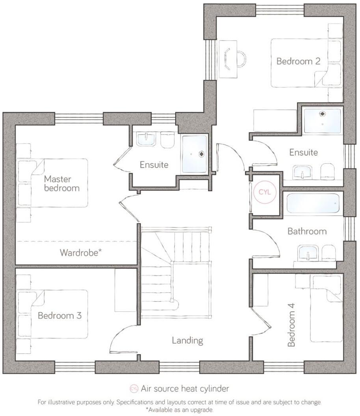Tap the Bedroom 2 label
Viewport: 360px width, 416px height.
pos(298,61)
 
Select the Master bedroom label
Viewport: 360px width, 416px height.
pos(61,183)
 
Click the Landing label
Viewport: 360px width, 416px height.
pos(187,340)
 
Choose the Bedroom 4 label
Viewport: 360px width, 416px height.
pos(291,325)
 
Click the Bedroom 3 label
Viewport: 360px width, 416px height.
pos(59,316)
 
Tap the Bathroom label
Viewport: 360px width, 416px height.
pos(307,231)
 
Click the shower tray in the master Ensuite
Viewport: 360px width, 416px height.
pos(194,154)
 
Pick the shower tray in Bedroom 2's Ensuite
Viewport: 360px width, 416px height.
pos(322,121)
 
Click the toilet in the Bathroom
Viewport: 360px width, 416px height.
pos(328,253)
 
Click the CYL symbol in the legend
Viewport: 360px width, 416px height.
pos(134,389)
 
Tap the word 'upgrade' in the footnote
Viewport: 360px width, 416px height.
pos(202,409)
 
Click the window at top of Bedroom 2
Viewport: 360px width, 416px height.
pos(280,9)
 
